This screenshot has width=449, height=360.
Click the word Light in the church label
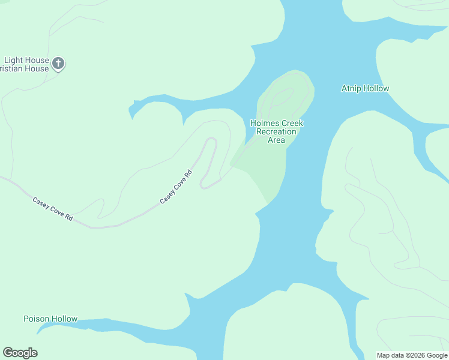13,60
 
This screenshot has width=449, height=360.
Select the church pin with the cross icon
58,64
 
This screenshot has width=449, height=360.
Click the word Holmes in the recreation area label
264,124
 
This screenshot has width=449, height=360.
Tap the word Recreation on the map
276,132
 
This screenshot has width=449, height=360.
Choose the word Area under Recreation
276,140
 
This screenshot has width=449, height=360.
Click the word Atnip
351,89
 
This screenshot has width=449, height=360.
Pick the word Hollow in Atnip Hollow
376,89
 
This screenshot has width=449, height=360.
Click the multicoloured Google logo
20,353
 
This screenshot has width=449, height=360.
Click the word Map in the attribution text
384,355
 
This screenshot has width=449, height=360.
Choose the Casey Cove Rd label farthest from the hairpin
52,209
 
